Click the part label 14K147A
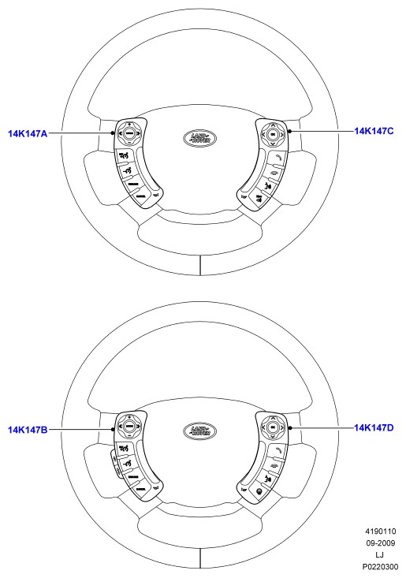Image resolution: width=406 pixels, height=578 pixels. point(28,133)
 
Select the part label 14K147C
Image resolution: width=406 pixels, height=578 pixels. point(374,131)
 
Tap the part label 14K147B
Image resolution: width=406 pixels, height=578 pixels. point(28,430)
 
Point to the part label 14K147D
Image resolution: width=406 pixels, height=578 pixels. point(374,427)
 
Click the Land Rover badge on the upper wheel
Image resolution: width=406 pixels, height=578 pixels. point(199,138)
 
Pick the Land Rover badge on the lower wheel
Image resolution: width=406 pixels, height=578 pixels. point(199,431)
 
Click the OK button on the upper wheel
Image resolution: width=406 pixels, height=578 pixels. point(273,135)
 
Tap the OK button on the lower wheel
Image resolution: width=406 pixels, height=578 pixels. point(273,427)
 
